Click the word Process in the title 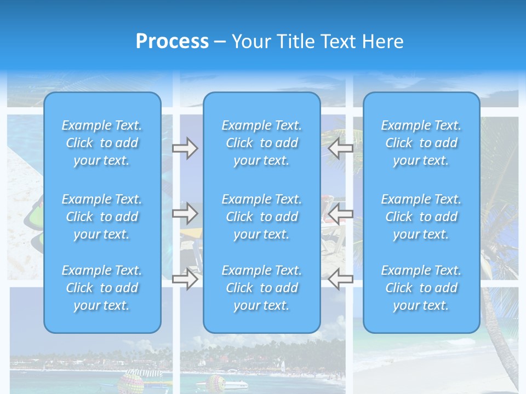pyautogui.click(x=172, y=42)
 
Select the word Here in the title pyautogui.click(x=382, y=42)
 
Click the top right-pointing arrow pyautogui.click(x=185, y=148)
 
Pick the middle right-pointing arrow pyautogui.click(x=185, y=213)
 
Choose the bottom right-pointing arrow pyautogui.click(x=185, y=279)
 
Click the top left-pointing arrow pyautogui.click(x=340, y=148)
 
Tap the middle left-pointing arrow pyautogui.click(x=340, y=213)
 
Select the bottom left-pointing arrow pyautogui.click(x=340, y=279)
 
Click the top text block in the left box pyautogui.click(x=102, y=143)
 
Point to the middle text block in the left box pyautogui.click(x=102, y=217)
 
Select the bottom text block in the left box pyautogui.click(x=102, y=288)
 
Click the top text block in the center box pyautogui.click(x=262, y=143)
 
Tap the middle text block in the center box pyautogui.click(x=262, y=217)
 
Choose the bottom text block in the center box pyautogui.click(x=262, y=288)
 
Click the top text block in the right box pyautogui.click(x=421, y=143)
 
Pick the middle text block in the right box pyautogui.click(x=421, y=217)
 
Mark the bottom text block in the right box pyautogui.click(x=421, y=288)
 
